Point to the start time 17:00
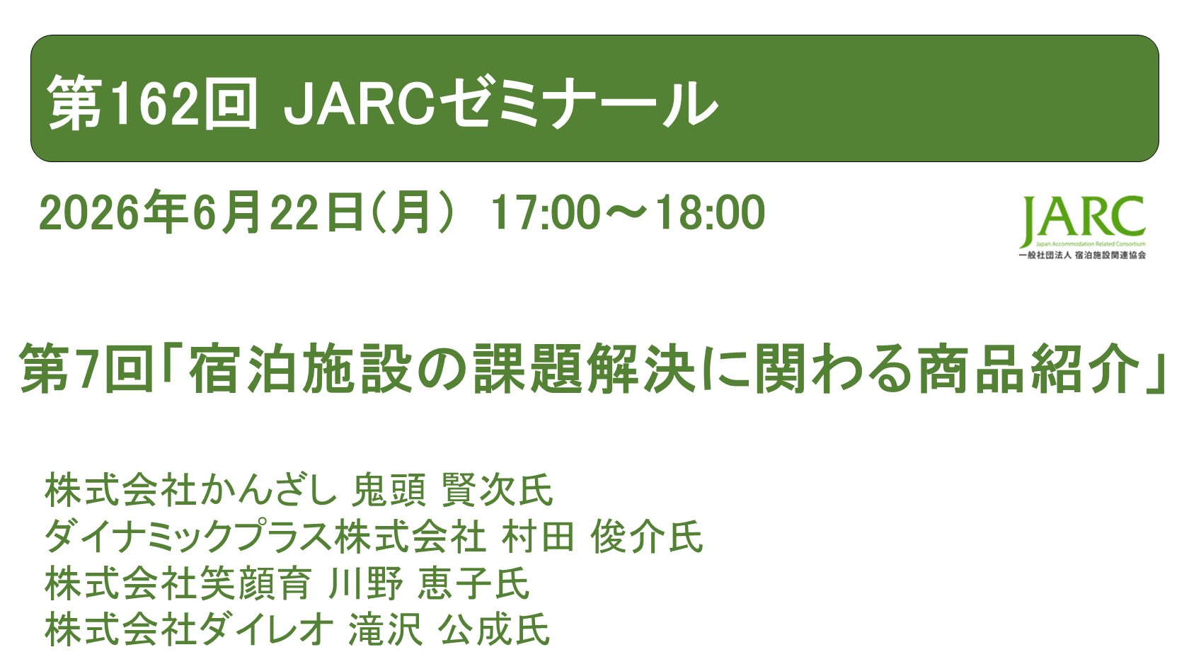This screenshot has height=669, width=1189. (546, 212)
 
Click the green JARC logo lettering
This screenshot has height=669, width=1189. (1082, 219)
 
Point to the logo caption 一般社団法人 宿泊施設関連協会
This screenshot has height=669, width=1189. (1081, 255)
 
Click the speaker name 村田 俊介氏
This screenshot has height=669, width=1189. (602, 537)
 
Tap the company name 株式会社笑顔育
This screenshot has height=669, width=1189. (178, 583)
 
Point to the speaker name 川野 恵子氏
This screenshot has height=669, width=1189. (429, 583)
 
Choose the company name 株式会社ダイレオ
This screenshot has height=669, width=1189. (188, 629)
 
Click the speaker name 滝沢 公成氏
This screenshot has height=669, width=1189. (449, 629)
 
